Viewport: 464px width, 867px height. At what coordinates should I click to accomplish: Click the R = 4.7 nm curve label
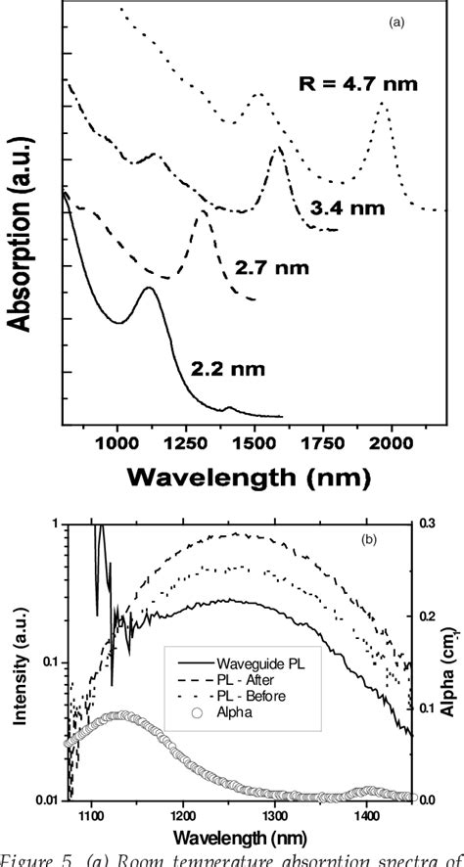pyautogui.click(x=358, y=84)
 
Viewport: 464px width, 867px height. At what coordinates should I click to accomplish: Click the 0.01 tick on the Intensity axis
pyautogui.click(x=45, y=799)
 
